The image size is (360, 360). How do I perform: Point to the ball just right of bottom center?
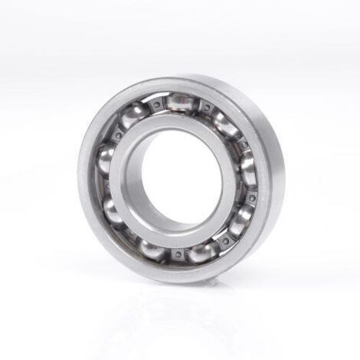click(201, 251)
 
